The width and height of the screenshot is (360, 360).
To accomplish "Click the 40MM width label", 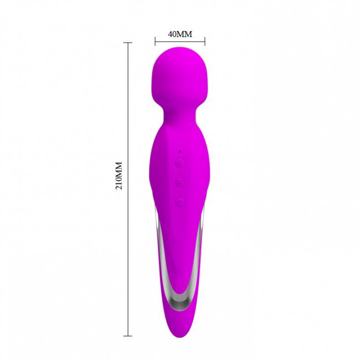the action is tap(180, 34).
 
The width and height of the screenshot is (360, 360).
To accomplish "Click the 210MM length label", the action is tap(119, 176).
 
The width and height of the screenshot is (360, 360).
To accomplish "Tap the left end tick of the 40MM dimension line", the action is tap(155, 42).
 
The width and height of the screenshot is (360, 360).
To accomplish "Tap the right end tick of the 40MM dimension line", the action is tap(205, 42).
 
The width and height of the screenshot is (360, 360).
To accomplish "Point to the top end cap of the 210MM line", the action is tap(127, 43).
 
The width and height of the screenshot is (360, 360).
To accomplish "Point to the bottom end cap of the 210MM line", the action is tap(127, 336).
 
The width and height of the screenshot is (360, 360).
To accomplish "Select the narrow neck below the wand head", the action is tap(180, 117).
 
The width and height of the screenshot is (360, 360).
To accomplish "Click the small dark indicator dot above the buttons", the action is tap(180, 152).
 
